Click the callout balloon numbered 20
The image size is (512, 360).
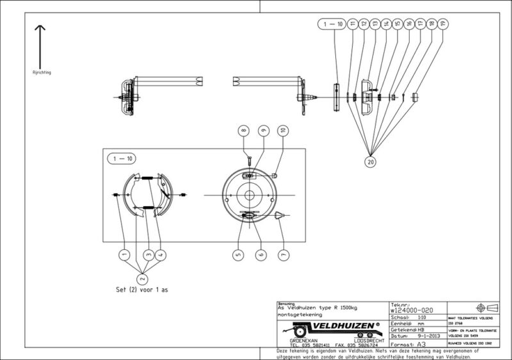pos(371,161)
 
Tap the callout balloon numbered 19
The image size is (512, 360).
pos(444,24)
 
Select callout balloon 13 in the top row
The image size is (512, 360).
pos(374,24)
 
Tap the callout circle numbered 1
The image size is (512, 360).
pos(121,254)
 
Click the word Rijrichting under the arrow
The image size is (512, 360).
pos(42,72)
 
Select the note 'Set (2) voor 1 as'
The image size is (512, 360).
pos(140,290)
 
